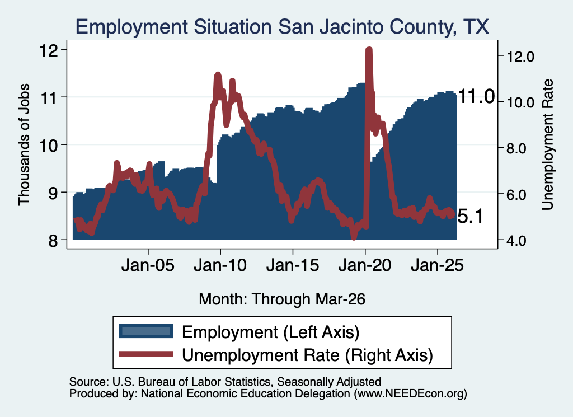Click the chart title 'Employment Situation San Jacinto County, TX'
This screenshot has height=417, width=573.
[282, 27]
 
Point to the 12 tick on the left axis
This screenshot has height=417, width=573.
[49, 50]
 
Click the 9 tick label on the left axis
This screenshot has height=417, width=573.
[53, 192]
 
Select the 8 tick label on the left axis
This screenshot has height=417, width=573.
[53, 240]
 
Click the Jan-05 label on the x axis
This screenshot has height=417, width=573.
[148, 265]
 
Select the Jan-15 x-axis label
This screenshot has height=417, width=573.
[293, 265]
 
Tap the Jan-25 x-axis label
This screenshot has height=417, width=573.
[438, 265]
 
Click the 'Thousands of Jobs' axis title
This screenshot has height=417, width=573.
[24, 145]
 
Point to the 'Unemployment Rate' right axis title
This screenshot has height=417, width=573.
[547, 145]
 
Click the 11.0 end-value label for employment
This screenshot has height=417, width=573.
[476, 97]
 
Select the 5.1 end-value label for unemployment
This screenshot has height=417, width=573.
[470, 216]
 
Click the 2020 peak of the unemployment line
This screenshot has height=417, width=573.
[369, 50]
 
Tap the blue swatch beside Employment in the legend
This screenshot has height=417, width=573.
[146, 331]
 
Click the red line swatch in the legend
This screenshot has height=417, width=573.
[146, 354]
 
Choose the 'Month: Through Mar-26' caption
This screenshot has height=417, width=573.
[282, 299]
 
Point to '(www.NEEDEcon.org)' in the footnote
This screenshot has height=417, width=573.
[410, 393]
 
